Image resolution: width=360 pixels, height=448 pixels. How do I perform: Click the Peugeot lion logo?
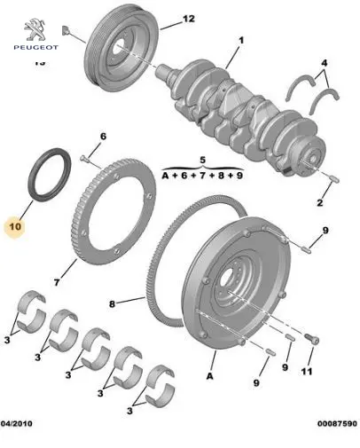coord(35,29)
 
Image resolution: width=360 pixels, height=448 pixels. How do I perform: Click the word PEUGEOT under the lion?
coord(36,47)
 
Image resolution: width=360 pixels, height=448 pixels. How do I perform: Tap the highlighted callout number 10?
coord(15,227)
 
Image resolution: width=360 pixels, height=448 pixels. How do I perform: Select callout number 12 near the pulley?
coord(189,19)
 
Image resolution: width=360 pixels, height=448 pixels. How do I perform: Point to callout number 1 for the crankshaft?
coord(241,40)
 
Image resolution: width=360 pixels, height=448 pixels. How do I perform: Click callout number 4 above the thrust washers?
coord(325,63)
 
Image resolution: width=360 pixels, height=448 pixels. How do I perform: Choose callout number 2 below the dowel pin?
coord(320,203)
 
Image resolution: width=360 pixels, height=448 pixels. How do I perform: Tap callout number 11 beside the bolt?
coord(307,371)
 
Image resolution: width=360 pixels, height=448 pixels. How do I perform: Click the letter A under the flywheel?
coord(209,376)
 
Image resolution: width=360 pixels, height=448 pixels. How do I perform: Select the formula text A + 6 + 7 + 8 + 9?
coord(202,176)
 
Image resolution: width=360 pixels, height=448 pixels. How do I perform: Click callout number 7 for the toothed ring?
coord(57,282)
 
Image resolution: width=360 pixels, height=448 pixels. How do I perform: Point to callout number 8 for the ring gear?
coord(112,303)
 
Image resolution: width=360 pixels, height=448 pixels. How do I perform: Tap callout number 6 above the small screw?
coord(103,137)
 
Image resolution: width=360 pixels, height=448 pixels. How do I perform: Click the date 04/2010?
coord(17,423)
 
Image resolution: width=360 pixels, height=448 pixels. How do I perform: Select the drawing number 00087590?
coord(337,423)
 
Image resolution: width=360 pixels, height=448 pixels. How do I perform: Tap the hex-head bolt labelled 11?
coord(312,339)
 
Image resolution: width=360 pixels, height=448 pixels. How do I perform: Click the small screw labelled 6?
coord(84,159)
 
